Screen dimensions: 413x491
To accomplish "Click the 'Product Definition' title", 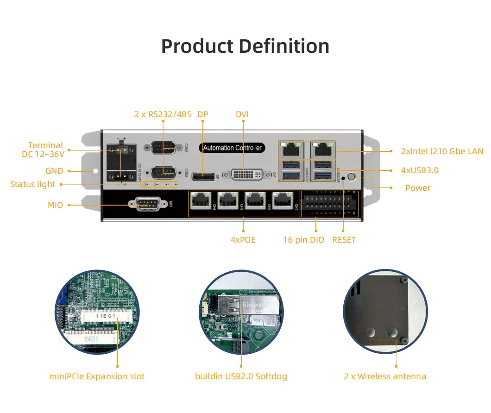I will (x=245, y=46).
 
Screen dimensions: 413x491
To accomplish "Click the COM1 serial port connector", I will (x=160, y=148).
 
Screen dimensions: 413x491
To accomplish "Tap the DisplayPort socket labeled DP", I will (x=203, y=176).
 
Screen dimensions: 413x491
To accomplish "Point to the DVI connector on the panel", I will (x=243, y=175).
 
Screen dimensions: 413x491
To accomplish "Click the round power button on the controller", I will (x=352, y=177).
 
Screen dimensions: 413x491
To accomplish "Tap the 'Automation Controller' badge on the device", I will (x=233, y=148).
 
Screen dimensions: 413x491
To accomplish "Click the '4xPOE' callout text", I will (x=243, y=240).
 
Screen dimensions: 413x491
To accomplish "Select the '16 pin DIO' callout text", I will (x=304, y=240).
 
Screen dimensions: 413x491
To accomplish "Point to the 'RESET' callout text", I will (x=344, y=240).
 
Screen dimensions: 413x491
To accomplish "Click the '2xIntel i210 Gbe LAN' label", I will (x=442, y=151).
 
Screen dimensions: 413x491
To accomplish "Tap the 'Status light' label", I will (x=32, y=184).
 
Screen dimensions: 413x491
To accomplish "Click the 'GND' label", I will (x=54, y=171).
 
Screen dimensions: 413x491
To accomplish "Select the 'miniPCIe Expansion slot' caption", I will (x=97, y=376).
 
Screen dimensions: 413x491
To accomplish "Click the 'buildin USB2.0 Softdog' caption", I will (x=241, y=376).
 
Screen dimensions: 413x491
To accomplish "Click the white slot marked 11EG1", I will (x=105, y=317).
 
